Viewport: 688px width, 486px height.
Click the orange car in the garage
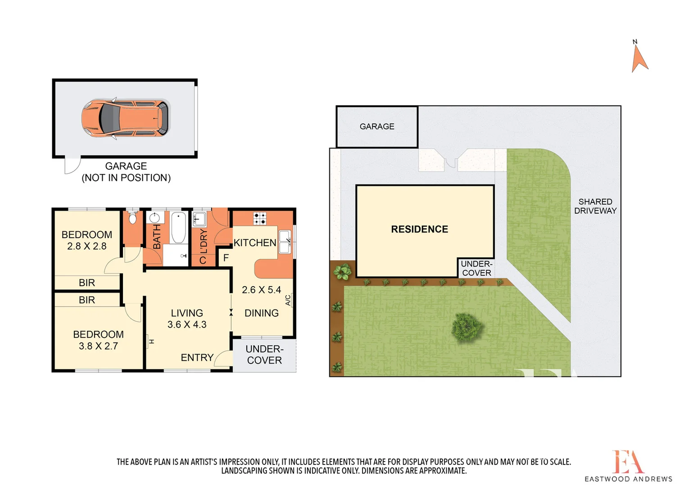click(x=125, y=118)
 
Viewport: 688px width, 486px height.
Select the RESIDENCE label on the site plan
click(x=419, y=229)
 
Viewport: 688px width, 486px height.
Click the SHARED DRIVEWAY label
click(x=595, y=206)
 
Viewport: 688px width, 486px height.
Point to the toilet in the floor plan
click(x=132, y=219)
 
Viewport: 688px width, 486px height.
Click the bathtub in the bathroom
click(x=178, y=228)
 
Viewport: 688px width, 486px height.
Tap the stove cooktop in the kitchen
click(x=259, y=219)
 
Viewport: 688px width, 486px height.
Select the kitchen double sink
click(x=285, y=242)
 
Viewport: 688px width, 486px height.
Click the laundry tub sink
click(x=199, y=220)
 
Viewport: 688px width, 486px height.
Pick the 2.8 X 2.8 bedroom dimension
click(x=87, y=246)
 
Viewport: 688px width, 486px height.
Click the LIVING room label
click(x=187, y=313)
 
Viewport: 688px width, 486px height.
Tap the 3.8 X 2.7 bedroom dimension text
click(x=98, y=346)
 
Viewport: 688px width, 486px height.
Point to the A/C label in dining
click(x=288, y=300)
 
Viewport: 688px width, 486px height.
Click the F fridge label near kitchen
click(x=226, y=258)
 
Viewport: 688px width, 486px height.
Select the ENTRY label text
click(x=197, y=357)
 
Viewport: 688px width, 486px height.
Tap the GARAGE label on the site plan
click(x=377, y=127)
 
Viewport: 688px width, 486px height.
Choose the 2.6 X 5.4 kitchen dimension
click(x=261, y=290)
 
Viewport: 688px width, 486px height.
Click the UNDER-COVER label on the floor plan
click(x=264, y=355)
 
